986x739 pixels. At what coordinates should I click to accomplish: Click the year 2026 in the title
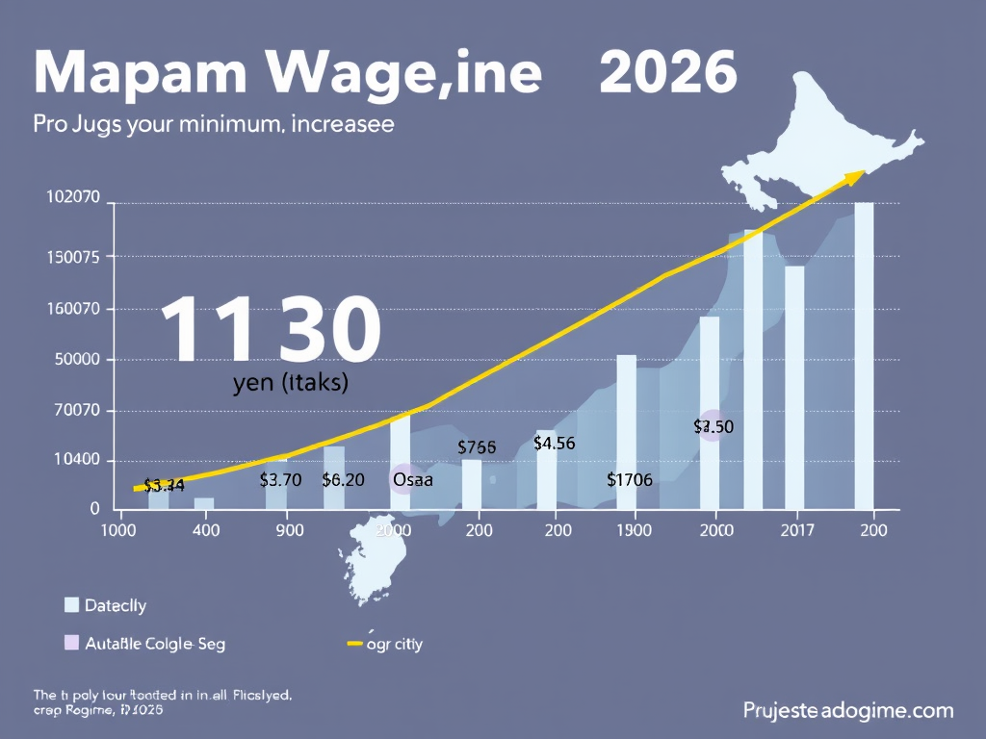pyautogui.click(x=667, y=72)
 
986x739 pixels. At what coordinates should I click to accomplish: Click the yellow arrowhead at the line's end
pyautogui.click(x=852, y=176)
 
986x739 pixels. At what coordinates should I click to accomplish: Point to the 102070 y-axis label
pyautogui.click(x=73, y=197)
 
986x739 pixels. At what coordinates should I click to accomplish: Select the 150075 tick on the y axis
pyautogui.click(x=73, y=257)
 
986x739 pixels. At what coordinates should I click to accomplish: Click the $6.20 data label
pyautogui.click(x=343, y=479)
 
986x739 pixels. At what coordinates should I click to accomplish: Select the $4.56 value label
pyautogui.click(x=554, y=444)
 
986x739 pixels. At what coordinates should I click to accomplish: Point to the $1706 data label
pyautogui.click(x=630, y=479)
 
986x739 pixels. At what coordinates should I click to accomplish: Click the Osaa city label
pyautogui.click(x=413, y=479)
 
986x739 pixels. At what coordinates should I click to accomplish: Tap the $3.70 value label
pyautogui.click(x=281, y=479)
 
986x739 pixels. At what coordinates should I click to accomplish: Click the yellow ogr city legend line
pyautogui.click(x=354, y=644)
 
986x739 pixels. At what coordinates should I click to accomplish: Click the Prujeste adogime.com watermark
pyautogui.click(x=847, y=711)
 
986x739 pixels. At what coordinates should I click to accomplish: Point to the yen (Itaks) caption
pyautogui.click(x=290, y=382)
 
